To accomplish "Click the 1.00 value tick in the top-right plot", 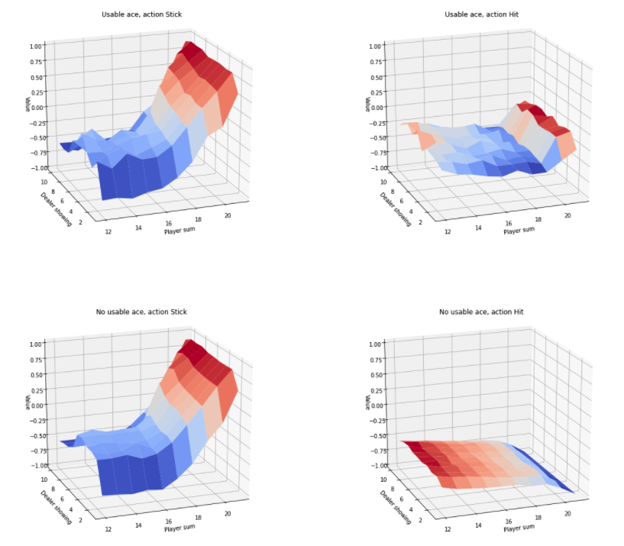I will coord(375,47).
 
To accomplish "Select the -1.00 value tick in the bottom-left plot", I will coord(36,465).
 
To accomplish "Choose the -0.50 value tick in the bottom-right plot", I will coord(374,435).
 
